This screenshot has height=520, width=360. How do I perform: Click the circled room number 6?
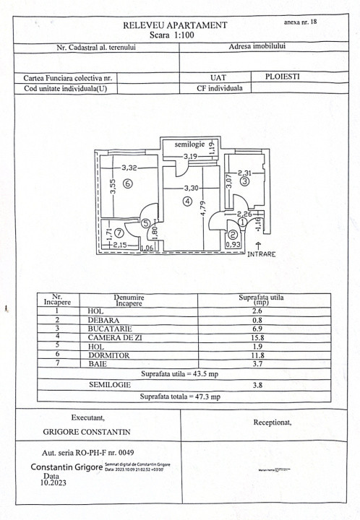pos(127,183)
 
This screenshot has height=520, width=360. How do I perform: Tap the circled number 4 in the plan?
pos(188,202)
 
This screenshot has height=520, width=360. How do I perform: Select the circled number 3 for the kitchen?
pos(244,182)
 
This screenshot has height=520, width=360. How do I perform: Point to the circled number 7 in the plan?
pos(118,233)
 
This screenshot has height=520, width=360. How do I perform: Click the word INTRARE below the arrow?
pos(261,254)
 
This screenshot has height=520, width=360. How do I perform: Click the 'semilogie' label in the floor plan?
pos(189,145)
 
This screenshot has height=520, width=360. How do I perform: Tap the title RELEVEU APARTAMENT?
pos(176,25)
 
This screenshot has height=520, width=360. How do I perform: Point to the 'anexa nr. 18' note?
pos(300,22)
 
